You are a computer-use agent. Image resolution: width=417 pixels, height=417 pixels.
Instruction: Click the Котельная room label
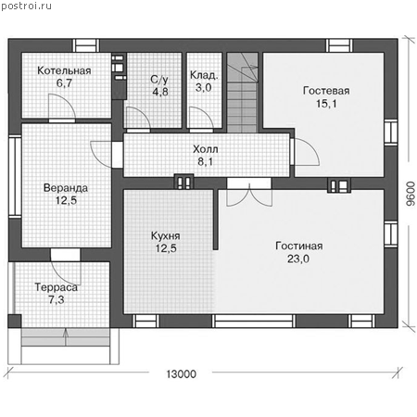pyautogui.click(x=64, y=70)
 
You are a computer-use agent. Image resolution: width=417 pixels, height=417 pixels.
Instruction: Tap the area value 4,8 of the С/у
pyautogui.click(x=160, y=92)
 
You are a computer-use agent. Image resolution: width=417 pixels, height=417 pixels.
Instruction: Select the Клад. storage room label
pyautogui.click(x=204, y=75)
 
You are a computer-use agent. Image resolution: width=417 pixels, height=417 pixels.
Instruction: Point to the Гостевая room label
pyautogui.click(x=326, y=91)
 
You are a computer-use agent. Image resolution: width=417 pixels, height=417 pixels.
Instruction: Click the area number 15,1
pyautogui.click(x=326, y=104)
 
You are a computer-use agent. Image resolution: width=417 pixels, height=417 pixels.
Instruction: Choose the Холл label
pyautogui.click(x=206, y=149)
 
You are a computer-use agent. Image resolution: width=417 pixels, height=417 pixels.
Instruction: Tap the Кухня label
pyautogui.click(x=166, y=236)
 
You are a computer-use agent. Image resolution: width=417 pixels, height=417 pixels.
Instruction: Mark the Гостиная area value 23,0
pyautogui.click(x=298, y=259)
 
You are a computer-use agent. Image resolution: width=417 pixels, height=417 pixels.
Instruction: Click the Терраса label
pyautogui.click(x=57, y=287)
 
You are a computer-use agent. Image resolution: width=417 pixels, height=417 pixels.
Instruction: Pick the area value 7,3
pyautogui.click(x=57, y=299)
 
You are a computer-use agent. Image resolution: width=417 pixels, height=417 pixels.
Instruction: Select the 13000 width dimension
pyautogui.click(x=182, y=374)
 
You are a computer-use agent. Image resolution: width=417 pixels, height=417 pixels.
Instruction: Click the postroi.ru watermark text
pyautogui.click(x=26, y=6)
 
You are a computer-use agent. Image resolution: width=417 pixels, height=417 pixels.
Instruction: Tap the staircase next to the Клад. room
pyautogui.click(x=242, y=93)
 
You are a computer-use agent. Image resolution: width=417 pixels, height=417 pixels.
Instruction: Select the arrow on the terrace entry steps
pyautogui.click(x=66, y=337)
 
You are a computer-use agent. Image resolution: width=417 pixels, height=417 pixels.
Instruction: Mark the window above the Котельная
pyautogui.click(x=86, y=45)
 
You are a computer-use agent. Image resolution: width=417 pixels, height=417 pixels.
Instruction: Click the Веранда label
pyautogui.click(x=66, y=188)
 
